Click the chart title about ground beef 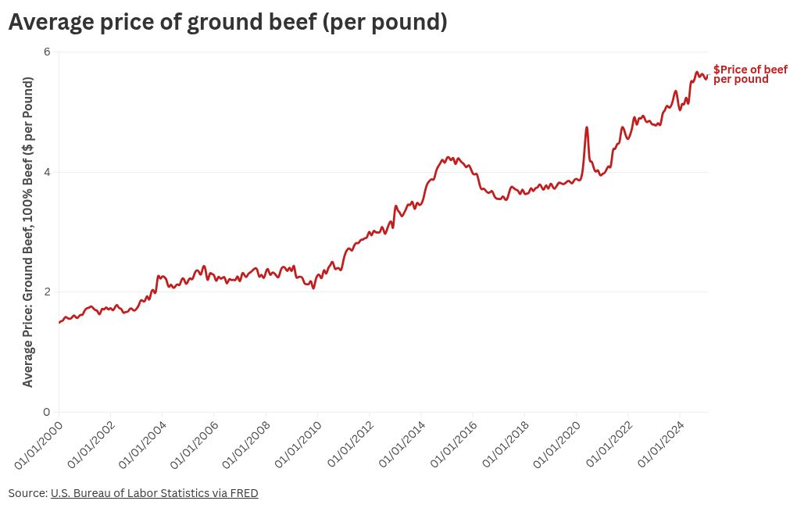[227, 23]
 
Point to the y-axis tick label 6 [47, 52]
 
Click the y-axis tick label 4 [47, 172]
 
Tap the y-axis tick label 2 [47, 292]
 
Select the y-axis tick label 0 [47, 412]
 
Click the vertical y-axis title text [28, 231]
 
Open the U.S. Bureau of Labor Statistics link [154, 493]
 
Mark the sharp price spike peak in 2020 [586, 127]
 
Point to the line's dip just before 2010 [313, 288]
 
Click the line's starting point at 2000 [59, 322]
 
